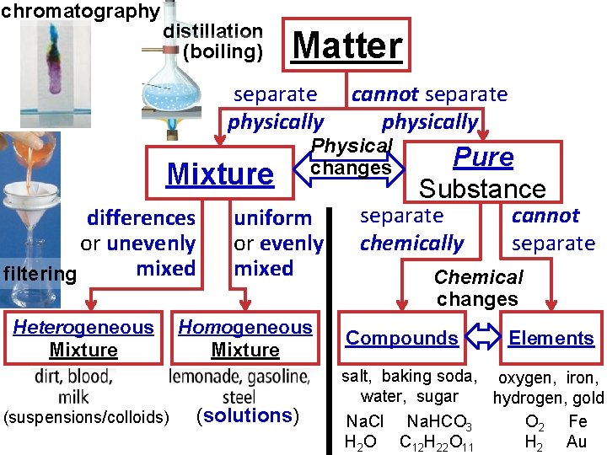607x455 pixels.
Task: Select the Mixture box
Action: click(221, 174)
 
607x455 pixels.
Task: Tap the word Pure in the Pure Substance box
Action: click(483, 157)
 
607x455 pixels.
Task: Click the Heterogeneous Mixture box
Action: click(83, 338)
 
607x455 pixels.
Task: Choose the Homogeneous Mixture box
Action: click(245, 338)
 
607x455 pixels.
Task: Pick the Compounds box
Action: click(402, 338)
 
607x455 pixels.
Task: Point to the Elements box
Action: click(551, 338)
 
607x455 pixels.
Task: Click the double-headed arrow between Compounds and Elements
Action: click(484, 338)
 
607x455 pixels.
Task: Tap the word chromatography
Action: click(80, 11)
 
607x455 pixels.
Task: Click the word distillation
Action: click(212, 31)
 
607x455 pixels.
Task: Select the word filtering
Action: click(40, 274)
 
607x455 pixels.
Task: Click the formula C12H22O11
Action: click(436, 442)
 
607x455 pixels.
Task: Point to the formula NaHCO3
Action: click(439, 421)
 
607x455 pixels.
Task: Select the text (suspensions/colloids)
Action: click(86, 416)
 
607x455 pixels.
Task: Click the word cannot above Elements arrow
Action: click(545, 216)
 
